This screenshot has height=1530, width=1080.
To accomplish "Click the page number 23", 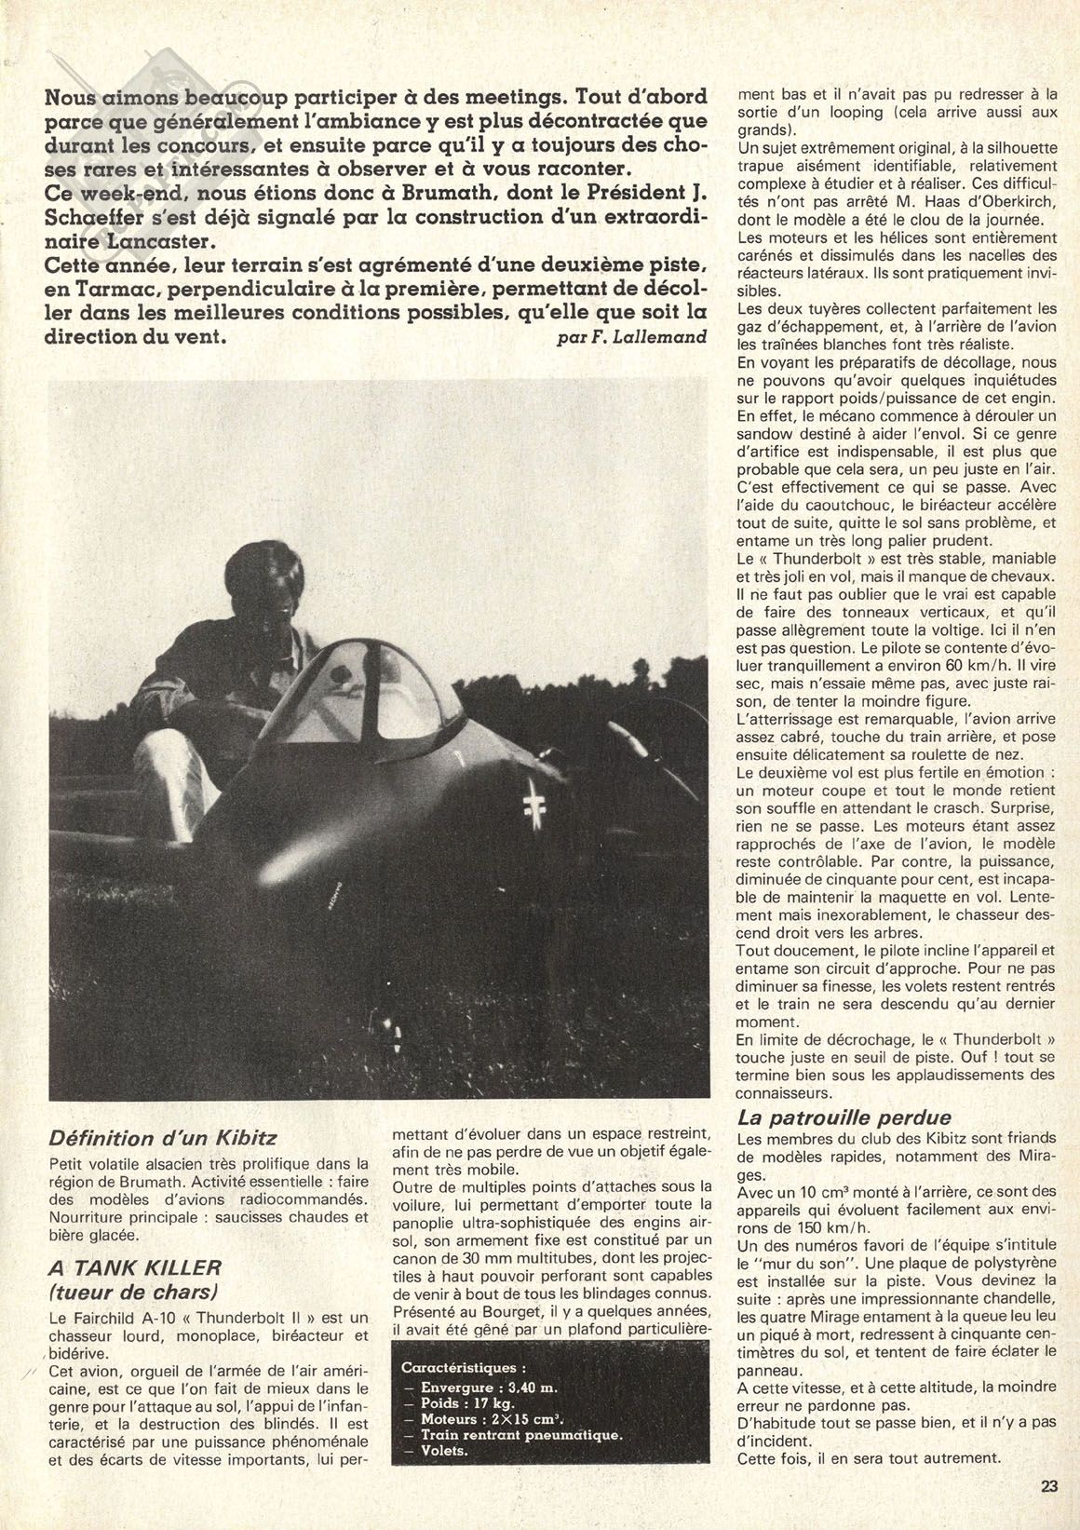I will coord(1049,1486).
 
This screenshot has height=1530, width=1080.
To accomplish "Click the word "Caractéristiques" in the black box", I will coord(464,1369).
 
